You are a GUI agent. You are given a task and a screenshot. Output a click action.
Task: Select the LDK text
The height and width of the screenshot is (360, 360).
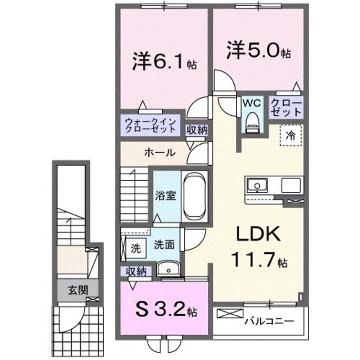point(258,235)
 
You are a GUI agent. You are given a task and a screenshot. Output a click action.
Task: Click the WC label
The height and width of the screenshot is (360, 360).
point(252,103)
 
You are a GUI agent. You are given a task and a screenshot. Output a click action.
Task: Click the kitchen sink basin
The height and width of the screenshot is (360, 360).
point(257,186)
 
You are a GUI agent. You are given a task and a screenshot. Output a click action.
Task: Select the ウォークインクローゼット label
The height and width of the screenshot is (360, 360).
point(150,126)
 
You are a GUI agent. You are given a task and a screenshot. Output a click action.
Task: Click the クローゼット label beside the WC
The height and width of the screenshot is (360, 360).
point(286,107)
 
